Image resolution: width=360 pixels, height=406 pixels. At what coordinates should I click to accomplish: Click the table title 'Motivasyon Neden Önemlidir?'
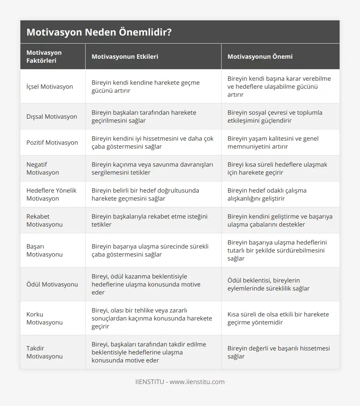tap(99, 32)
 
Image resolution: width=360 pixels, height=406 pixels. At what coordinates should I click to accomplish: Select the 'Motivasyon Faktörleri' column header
tap(44, 56)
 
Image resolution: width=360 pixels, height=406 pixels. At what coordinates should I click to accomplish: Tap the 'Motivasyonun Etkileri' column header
tap(125, 56)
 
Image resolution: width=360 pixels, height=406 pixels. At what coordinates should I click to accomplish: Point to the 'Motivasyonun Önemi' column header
tap(260, 56)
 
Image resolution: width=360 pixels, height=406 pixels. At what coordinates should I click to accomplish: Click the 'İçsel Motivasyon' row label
tap(50, 86)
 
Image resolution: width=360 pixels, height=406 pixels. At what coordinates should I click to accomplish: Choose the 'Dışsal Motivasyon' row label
tap(52, 116)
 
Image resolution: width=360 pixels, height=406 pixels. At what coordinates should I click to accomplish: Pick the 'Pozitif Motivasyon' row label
tap(52, 142)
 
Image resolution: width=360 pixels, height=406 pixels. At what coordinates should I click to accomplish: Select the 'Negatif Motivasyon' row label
tap(43, 168)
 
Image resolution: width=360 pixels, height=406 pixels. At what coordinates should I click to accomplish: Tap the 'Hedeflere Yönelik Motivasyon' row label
tap(51, 194)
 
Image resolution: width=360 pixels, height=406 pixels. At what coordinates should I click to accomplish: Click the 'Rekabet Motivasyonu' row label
tap(44, 220)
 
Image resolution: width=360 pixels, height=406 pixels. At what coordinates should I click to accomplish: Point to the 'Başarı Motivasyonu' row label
tap(44, 250)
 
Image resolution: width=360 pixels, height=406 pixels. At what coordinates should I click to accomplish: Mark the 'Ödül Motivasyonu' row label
tap(52, 284)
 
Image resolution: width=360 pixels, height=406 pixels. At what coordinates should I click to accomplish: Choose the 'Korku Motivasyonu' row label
tap(44, 318)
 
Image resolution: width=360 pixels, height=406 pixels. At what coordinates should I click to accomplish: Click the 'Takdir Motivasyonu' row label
tap(44, 352)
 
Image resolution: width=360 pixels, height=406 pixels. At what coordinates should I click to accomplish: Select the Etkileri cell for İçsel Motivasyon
tap(146, 86)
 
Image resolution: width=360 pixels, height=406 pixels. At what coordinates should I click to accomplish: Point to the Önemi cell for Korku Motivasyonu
tap(278, 318)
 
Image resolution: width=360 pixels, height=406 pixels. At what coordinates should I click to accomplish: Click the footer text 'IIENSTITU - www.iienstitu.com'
tap(180, 382)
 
